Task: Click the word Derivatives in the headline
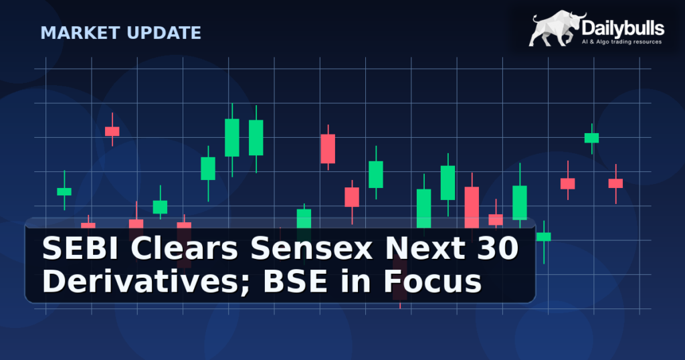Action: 130,282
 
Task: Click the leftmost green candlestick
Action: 64,191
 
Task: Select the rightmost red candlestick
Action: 615,183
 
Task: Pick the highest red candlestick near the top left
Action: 112,131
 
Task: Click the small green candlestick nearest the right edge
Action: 592,138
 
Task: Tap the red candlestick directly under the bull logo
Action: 568,183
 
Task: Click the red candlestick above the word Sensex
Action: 328,149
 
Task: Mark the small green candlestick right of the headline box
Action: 544,236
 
